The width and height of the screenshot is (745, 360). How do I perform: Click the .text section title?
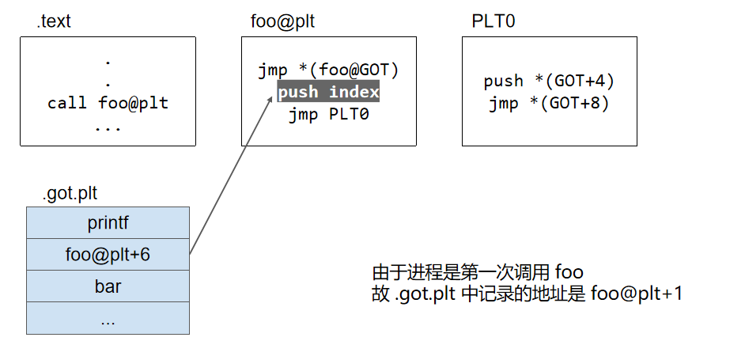[54, 21]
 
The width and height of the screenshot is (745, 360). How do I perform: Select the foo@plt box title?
[277, 21]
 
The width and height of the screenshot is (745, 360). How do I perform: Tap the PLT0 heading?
[494, 21]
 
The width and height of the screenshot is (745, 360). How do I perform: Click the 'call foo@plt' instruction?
[108, 103]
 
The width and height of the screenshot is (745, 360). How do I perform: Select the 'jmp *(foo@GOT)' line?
[328, 70]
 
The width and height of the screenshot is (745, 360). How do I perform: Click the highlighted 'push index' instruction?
[328, 92]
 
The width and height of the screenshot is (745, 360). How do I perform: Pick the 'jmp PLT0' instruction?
[328, 114]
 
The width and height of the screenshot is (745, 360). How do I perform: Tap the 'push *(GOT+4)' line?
[549, 81]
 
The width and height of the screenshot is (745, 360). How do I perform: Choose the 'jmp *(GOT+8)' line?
[549, 103]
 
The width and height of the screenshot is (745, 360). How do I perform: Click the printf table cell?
[108, 222]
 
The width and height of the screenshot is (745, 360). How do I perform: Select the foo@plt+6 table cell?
[108, 254]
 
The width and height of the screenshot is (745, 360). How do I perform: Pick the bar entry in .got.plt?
[108, 286]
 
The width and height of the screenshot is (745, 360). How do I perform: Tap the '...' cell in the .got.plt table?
[108, 318]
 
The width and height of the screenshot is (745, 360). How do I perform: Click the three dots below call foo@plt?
[108, 127]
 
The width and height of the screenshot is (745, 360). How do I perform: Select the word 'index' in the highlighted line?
[354, 92]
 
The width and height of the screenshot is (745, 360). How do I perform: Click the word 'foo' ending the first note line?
[569, 272]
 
